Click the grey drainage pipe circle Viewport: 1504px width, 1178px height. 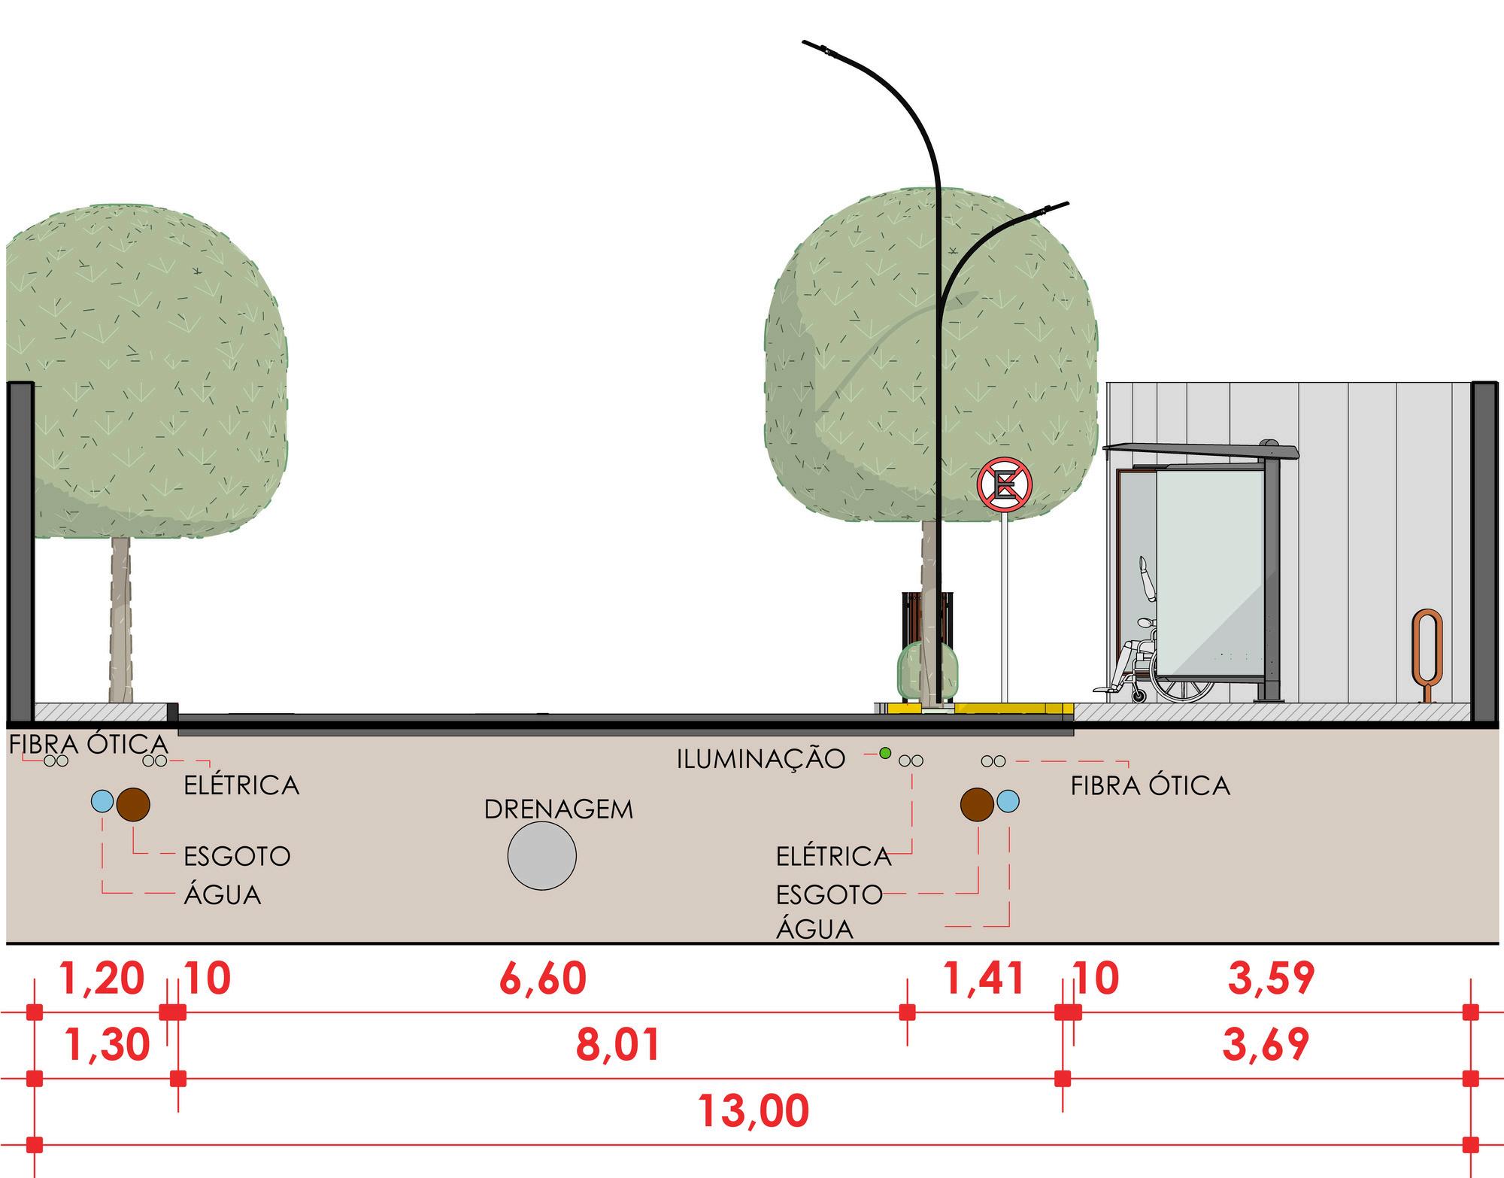pos(541,856)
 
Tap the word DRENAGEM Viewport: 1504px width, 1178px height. pos(558,809)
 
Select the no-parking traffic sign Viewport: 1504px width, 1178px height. pos(1004,485)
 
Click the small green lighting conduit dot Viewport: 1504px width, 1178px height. pos(885,752)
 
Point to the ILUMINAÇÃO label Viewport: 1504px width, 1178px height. pos(761,759)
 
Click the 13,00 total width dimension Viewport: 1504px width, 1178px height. pos(754,1111)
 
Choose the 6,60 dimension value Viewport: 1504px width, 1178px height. pos(542,979)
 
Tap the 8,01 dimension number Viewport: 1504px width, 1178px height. pos(619,1045)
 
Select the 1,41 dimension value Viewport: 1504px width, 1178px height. pos(984,979)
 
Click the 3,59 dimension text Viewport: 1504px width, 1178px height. pos(1271,979)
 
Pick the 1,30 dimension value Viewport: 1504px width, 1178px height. pos(108,1045)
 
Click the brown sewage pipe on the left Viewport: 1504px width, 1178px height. pos(133,804)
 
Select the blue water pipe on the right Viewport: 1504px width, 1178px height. pos(1008,802)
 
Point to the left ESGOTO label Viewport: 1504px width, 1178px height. pos(237,856)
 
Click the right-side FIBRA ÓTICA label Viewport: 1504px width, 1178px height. pos(1150,786)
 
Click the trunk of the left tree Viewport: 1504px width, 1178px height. pos(120,617)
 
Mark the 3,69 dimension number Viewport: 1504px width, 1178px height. pos(1266,1045)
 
